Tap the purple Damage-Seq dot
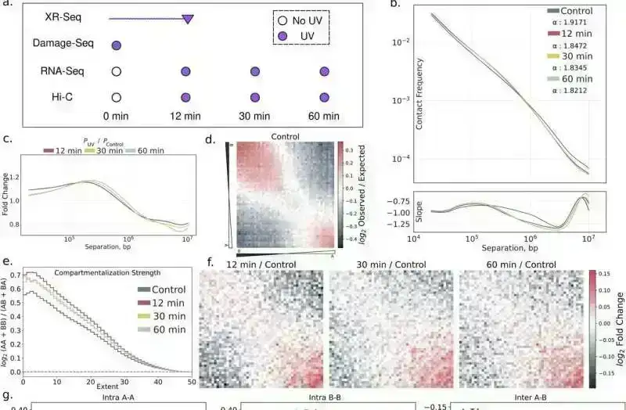[116, 45]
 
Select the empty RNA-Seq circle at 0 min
[116, 72]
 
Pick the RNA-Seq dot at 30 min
[255, 72]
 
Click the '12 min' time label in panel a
[185, 117]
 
